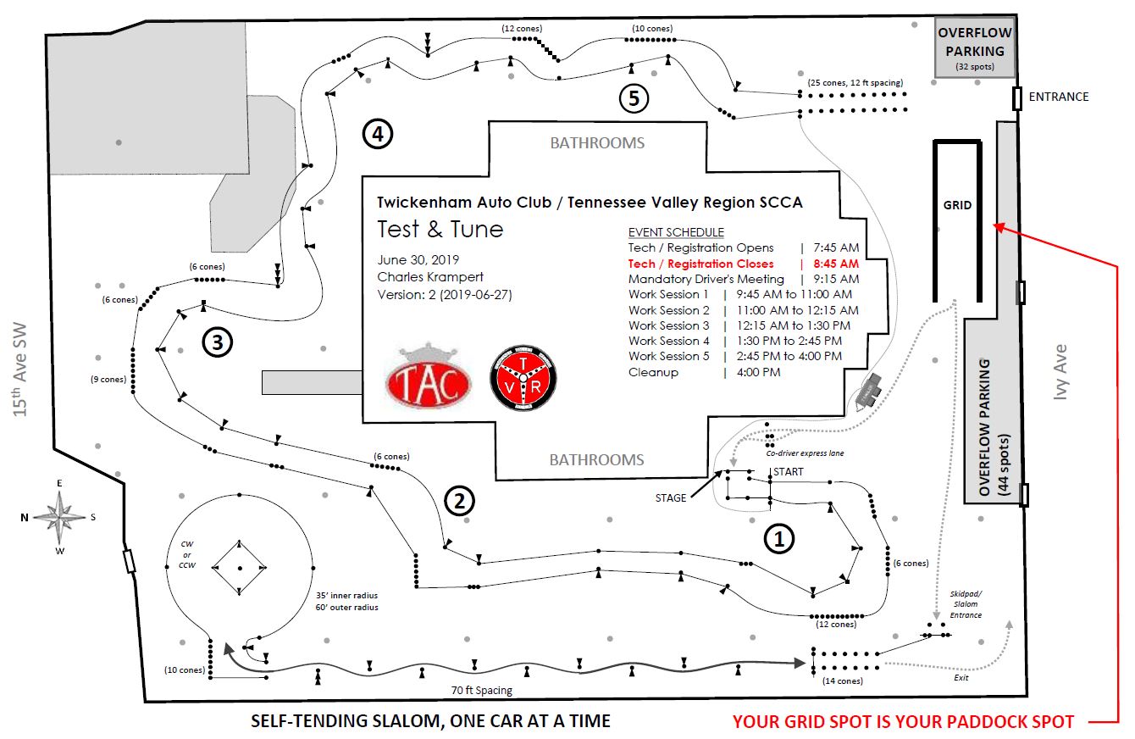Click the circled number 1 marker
[779, 537]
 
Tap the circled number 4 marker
[377, 133]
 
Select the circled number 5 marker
[634, 98]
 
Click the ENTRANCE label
[1058, 97]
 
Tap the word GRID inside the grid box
[957, 205]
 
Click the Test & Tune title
[440, 229]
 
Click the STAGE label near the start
[670, 497]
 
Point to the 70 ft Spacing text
[482, 691]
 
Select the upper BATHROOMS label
[597, 143]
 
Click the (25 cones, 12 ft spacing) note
[855, 82]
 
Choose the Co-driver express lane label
[805, 453]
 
